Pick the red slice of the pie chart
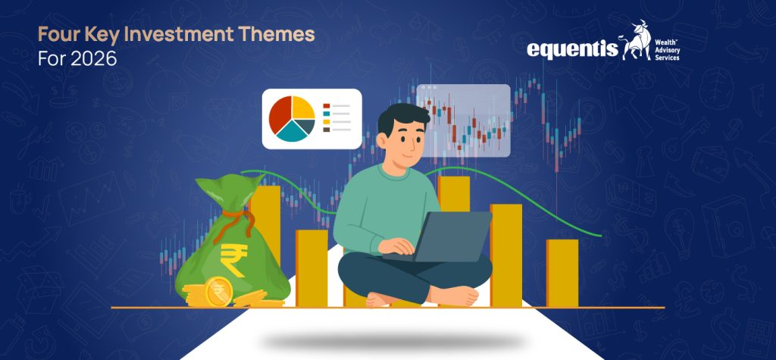(278, 116)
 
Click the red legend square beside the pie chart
(327, 106)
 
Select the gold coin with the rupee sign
(219, 290)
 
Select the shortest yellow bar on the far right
(562, 273)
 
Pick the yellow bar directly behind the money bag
(266, 220)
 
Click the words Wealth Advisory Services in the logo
(673, 47)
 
